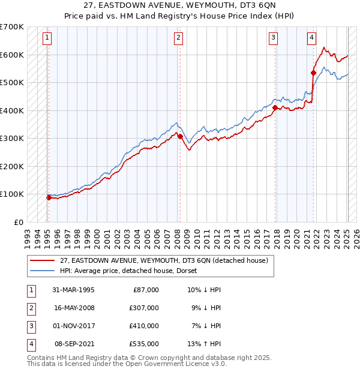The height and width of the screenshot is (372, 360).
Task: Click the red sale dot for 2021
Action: (313, 73)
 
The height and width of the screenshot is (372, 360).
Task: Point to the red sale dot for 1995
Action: (49, 197)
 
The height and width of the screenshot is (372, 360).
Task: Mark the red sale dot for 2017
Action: (275, 108)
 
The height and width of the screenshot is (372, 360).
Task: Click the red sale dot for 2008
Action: (180, 137)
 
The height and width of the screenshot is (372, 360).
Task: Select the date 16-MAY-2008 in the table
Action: (74, 308)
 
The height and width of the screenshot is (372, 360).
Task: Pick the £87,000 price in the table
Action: (144, 290)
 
